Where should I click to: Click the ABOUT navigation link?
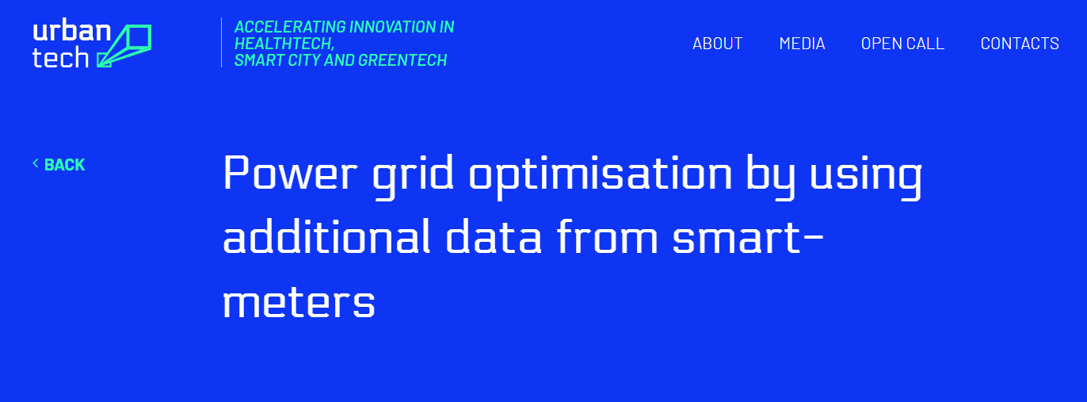point(717,44)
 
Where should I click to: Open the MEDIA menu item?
point(802,44)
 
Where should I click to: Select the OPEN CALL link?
point(902,44)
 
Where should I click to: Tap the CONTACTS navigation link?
point(1020,44)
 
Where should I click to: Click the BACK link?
point(64,165)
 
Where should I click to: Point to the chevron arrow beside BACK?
point(36,163)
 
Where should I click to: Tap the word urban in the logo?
point(72,31)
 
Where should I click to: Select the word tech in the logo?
point(61,58)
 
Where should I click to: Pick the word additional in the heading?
point(326,237)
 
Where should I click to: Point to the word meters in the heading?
point(299,302)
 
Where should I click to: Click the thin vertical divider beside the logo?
point(221,43)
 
